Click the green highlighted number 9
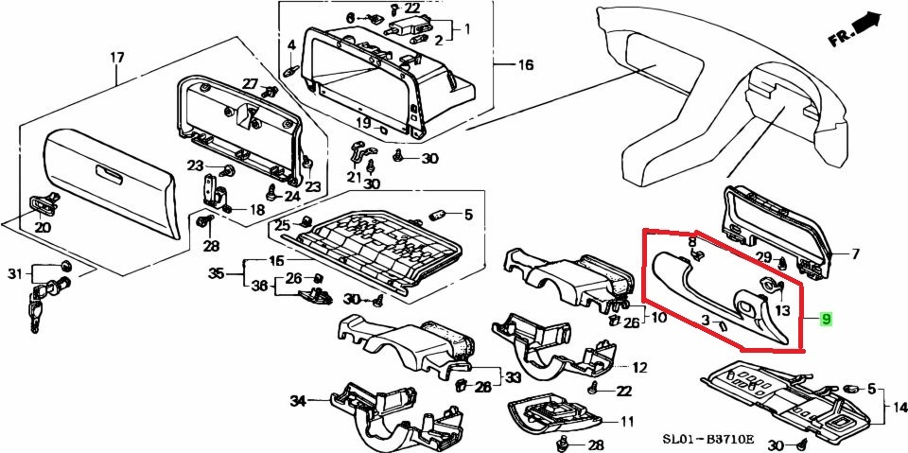(x=826, y=320)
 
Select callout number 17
(x=116, y=59)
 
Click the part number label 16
(x=526, y=65)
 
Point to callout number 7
(x=855, y=253)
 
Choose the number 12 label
(x=639, y=367)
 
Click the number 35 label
(x=216, y=274)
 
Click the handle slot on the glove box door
(x=108, y=172)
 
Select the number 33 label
(x=512, y=377)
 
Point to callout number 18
(x=256, y=210)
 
